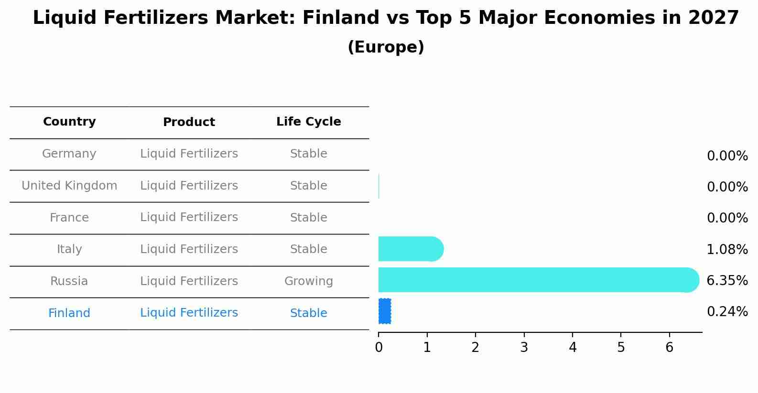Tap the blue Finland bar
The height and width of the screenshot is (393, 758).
385,311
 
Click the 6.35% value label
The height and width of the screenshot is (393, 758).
727,280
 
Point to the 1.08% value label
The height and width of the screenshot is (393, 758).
727,249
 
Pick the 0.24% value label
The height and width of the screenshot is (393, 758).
727,312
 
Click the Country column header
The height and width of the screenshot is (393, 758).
69,122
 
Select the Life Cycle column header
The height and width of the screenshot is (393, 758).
308,122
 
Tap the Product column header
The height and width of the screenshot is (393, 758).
189,122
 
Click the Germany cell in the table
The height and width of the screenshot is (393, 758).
69,154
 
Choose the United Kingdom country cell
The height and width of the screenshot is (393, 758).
69,186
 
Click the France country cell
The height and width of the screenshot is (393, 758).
69,218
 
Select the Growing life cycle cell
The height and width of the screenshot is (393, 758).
308,281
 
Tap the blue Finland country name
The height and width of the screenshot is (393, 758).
69,313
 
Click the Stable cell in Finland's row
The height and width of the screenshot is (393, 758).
308,313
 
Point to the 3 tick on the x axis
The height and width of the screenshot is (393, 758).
524,348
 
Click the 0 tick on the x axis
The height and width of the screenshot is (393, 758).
379,348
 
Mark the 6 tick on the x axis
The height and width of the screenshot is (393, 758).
669,348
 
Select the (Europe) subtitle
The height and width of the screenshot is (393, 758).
386,47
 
